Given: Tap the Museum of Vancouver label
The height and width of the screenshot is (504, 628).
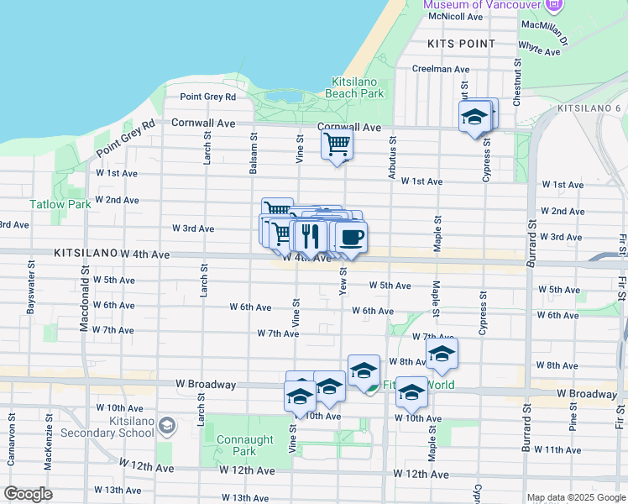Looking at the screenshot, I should coord(482,5).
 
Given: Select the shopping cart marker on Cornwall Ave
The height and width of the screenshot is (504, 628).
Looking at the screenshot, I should coord(337,144).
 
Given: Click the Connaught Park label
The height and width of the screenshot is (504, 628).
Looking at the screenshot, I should coord(244,445).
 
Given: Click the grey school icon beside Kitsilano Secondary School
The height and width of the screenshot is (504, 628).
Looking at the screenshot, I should coord(168,427).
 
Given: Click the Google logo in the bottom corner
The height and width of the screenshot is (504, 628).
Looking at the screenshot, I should coord(28,494).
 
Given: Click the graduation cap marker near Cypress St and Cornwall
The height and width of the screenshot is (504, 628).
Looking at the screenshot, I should coord(474,118).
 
